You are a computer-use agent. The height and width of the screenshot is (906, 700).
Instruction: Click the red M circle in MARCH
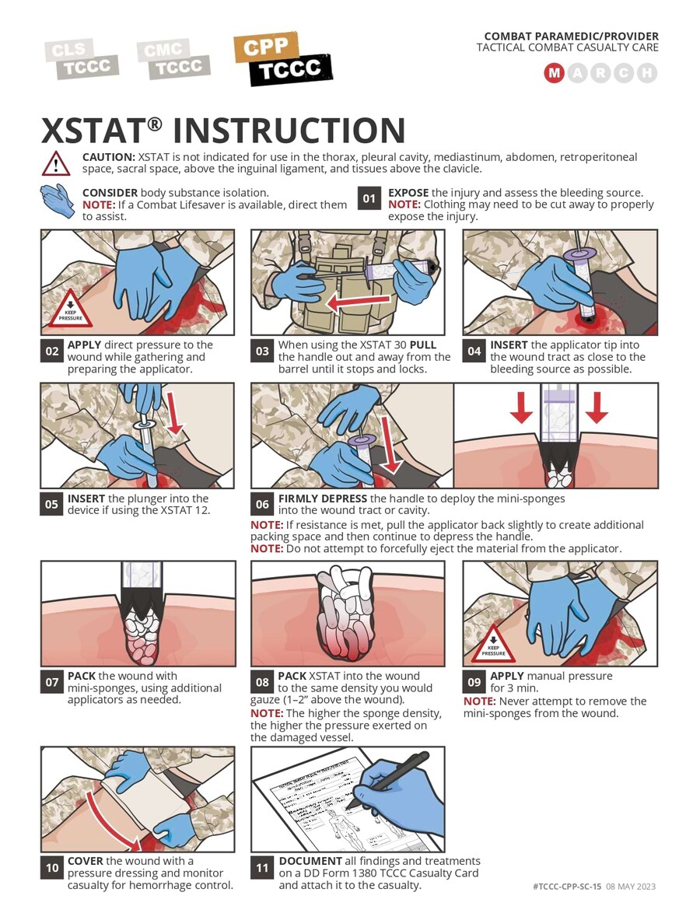click(554, 73)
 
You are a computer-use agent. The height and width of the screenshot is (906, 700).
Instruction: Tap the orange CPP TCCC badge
click(283, 59)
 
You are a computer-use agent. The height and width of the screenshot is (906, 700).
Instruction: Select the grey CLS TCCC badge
click(82, 59)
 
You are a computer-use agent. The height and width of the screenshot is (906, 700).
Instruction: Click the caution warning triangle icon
click(56, 163)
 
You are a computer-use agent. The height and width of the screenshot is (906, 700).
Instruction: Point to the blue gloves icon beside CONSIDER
click(58, 201)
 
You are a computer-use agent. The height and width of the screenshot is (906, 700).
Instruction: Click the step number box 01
click(369, 199)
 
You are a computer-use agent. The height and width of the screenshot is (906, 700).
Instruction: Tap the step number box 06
click(262, 504)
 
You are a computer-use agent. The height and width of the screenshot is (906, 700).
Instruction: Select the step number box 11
click(262, 867)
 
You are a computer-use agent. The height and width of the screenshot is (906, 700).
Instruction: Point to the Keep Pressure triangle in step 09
click(493, 645)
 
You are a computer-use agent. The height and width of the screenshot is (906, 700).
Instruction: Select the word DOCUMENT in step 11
click(310, 861)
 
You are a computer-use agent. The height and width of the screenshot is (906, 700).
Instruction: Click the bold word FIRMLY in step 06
click(298, 498)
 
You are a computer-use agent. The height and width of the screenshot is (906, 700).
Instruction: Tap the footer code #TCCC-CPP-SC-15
click(567, 887)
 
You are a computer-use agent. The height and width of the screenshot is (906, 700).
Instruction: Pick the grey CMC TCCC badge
click(173, 59)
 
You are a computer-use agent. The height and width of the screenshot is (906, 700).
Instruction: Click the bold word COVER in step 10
click(85, 861)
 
